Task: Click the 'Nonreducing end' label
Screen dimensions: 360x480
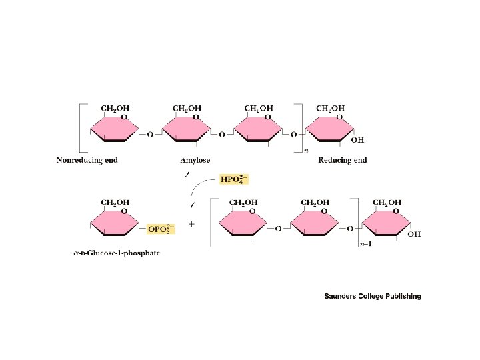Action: [87, 161]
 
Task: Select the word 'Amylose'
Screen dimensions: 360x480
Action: [195, 161]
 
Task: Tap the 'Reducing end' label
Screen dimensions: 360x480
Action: [343, 161]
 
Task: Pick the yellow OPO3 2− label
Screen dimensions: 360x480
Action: [161, 229]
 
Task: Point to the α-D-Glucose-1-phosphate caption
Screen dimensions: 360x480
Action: [117, 253]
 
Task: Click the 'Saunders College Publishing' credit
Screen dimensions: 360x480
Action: [372, 296]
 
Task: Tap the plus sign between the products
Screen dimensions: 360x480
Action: [192, 225]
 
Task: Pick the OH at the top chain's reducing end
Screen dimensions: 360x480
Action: [357, 140]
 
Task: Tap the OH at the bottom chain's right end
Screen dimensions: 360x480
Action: [414, 234]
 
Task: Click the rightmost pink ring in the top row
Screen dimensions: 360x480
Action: [330, 128]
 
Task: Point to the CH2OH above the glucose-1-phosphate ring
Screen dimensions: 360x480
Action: [115, 202]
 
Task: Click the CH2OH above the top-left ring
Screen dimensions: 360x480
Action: [115, 108]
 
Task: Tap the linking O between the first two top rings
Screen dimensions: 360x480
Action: [149, 135]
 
